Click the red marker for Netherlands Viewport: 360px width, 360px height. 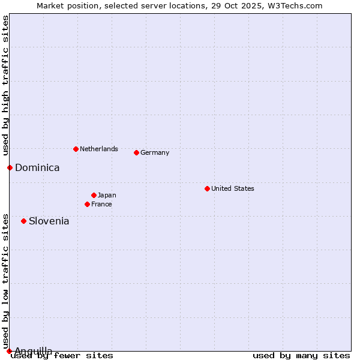(x=76, y=149)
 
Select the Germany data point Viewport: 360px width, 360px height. (x=136, y=152)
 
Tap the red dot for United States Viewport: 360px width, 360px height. (x=207, y=188)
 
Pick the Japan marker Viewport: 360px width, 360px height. (x=94, y=195)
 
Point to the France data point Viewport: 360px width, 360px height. (x=87, y=204)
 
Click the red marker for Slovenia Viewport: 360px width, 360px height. (x=23, y=221)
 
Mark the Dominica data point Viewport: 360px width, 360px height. (x=10, y=167)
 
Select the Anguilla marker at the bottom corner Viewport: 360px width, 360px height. (x=9, y=351)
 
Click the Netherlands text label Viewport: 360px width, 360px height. (x=99, y=149)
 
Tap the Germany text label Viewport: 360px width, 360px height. (x=155, y=152)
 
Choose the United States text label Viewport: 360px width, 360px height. (x=233, y=188)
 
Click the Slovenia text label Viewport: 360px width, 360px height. (x=49, y=221)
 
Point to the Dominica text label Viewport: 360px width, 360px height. (x=37, y=167)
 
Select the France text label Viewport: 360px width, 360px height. (x=101, y=204)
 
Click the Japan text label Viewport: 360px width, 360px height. (x=107, y=195)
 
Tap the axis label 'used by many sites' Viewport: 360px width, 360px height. (x=301, y=356)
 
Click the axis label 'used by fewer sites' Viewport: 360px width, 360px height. (x=62, y=356)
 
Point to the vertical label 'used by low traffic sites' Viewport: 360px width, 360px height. (x=5, y=281)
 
